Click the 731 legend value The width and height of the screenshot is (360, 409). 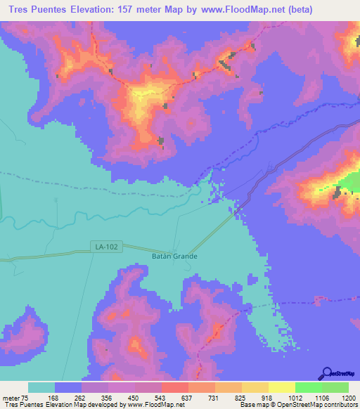point(214,397)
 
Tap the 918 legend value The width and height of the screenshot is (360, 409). point(268,397)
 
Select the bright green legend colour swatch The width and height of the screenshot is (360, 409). point(308,387)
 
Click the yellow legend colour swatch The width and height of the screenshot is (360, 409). point(281,387)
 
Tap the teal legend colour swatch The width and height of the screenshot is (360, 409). point(41,387)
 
